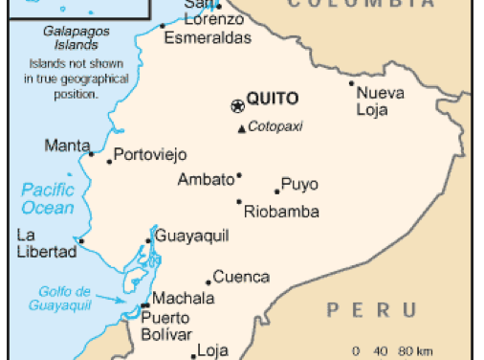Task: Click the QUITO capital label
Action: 273,98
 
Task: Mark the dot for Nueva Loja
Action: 352,83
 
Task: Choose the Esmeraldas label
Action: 208,38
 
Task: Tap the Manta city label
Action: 66,146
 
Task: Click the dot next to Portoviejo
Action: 109,161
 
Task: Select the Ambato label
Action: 206,179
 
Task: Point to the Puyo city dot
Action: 277,191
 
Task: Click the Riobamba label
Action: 281,213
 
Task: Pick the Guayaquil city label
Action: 189,235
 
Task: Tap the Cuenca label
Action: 240,278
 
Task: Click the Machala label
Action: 183,298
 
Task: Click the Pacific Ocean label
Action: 48,198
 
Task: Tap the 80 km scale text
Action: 416,350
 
